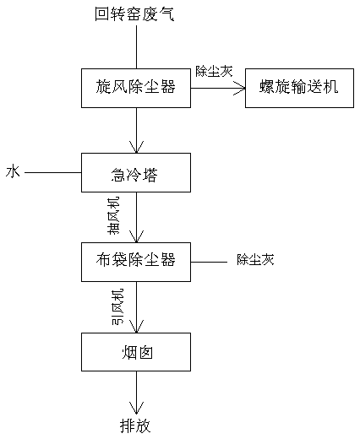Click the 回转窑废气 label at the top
pyautogui.click(x=134, y=14)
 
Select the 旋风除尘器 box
pyautogui.click(x=136, y=88)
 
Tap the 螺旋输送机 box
pyautogui.click(x=299, y=88)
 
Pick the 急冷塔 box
pyautogui.click(x=136, y=172)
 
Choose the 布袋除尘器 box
pyautogui.click(x=136, y=262)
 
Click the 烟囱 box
pyautogui.click(x=136, y=352)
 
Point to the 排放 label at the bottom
pyautogui.click(x=135, y=425)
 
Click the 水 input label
pyautogui.click(x=13, y=171)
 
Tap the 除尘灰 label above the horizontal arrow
pyautogui.click(x=215, y=71)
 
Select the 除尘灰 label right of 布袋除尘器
pyautogui.click(x=255, y=259)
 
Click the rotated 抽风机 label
pyautogui.click(x=113, y=215)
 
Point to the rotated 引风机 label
pyautogui.click(x=117, y=306)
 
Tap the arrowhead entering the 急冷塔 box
pyautogui.click(x=136, y=147)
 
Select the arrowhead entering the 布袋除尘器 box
pyautogui.click(x=136, y=236)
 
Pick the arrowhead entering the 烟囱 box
pyautogui.click(x=136, y=327)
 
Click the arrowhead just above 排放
pyautogui.click(x=136, y=408)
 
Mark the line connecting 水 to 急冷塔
pyautogui.click(x=53, y=172)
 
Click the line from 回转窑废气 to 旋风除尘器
pyautogui.click(x=136, y=47)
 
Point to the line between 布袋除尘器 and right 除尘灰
pyautogui.click(x=209, y=262)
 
